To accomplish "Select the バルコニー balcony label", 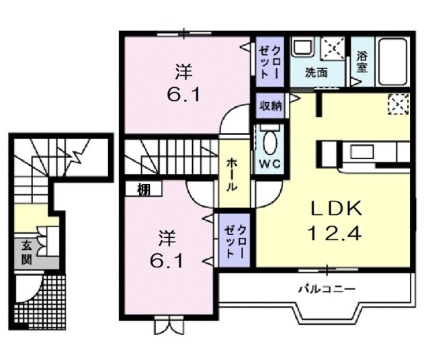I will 327,289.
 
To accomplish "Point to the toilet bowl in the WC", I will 271,143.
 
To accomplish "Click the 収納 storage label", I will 271,105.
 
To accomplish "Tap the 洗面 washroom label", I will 316,72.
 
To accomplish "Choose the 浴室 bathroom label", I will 361,62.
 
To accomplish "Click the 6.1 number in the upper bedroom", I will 183,94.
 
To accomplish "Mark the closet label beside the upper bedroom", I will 271,59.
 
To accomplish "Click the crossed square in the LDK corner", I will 398,104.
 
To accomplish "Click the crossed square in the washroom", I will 332,49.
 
